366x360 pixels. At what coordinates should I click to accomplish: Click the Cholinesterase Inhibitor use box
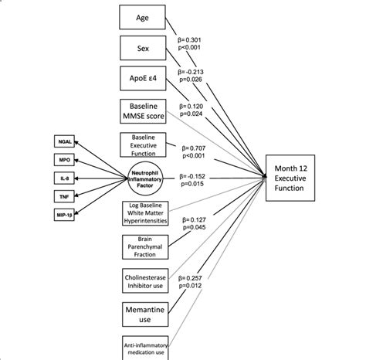tap(145, 281)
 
